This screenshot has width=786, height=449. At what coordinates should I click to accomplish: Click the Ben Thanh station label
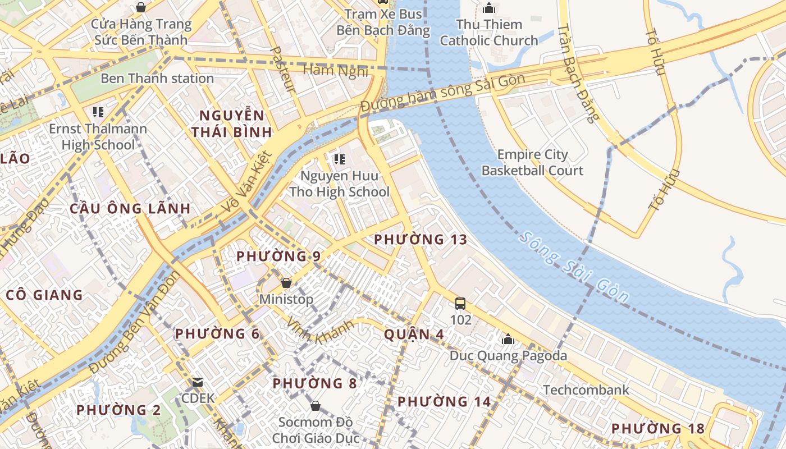tap(157, 79)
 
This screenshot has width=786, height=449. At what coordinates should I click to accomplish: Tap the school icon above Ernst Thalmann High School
tap(99, 112)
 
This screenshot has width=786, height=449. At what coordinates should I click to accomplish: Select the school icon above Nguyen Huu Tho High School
tap(339, 159)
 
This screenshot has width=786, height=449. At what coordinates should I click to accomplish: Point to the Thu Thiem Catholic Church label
tap(488, 33)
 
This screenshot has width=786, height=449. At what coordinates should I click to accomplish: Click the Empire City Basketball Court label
tap(533, 163)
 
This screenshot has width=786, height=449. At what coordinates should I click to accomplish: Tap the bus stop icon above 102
tap(460, 304)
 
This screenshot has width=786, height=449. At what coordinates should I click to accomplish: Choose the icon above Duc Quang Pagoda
tap(508, 339)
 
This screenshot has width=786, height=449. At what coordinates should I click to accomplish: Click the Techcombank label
tap(586, 390)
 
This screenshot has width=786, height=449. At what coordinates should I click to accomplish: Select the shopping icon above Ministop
tap(286, 283)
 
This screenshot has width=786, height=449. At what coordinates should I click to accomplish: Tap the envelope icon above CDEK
tap(198, 382)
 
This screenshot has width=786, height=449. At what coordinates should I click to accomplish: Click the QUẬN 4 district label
tap(414, 335)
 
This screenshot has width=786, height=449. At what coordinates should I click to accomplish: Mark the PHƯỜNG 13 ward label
tap(421, 240)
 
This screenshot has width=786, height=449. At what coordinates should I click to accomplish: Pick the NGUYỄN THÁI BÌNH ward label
tap(232, 124)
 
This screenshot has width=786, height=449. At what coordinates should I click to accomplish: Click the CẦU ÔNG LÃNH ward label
tap(130, 209)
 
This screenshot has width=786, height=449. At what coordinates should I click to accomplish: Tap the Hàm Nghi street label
tap(336, 71)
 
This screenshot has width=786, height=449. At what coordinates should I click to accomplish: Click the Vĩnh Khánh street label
tap(320, 332)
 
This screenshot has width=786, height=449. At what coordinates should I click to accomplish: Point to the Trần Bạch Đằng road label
tap(579, 73)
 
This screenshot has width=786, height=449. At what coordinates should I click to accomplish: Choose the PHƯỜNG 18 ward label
tap(658, 429)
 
